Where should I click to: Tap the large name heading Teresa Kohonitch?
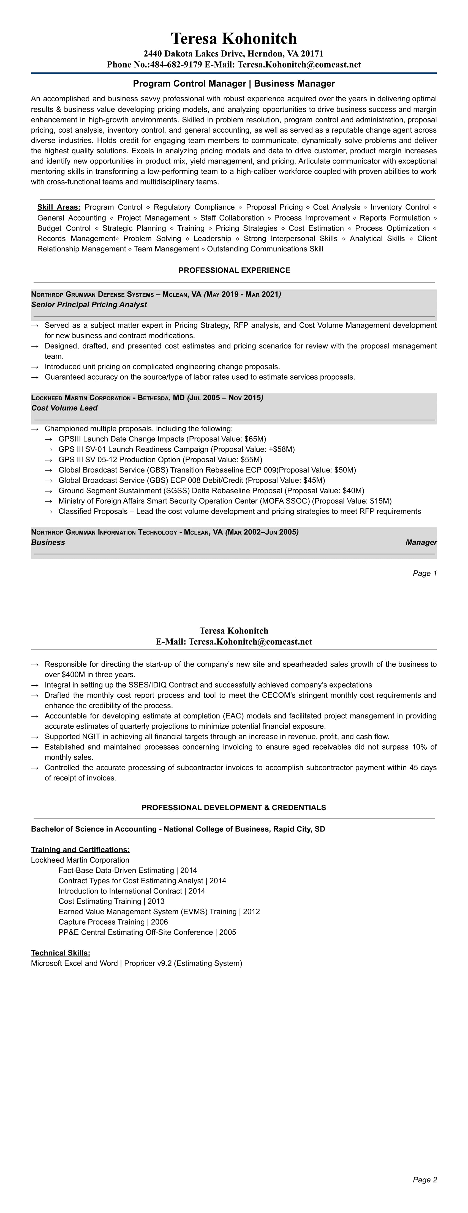coord(234,38)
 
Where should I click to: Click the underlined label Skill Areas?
coord(59,207)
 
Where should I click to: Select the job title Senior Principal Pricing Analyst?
coord(89,305)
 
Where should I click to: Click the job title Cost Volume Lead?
coord(64,408)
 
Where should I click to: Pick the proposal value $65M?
coord(255,439)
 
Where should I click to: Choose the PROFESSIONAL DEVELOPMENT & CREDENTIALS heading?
coord(234,807)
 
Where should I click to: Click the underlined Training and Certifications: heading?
coord(80,849)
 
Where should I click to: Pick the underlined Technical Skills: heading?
coord(61,953)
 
